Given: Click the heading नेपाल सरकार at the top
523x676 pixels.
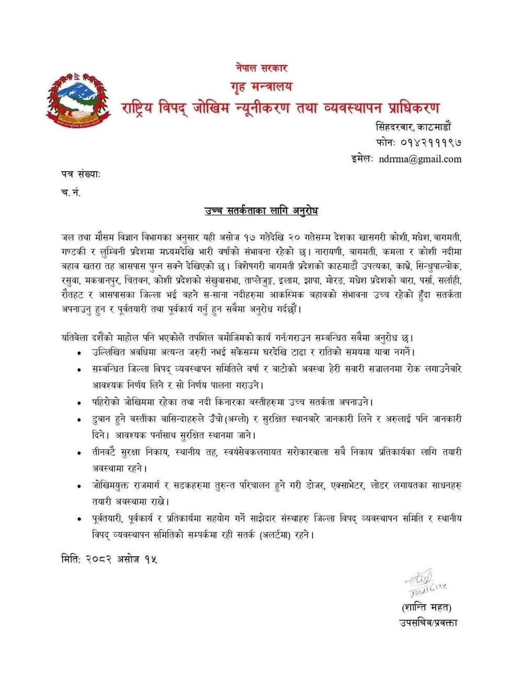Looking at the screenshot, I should [261, 67].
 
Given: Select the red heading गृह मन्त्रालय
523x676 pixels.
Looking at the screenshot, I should [261, 86].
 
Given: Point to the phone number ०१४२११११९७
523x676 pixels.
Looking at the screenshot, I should [430, 142].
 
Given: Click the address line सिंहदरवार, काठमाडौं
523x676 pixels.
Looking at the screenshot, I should [418, 126].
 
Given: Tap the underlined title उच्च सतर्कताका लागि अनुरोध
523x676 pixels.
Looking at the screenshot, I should [261, 211].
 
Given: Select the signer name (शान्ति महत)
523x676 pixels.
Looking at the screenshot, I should [427, 607].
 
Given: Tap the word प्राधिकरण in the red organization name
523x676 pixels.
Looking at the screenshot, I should [409, 108].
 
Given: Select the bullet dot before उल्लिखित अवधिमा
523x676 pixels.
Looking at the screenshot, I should [79, 353].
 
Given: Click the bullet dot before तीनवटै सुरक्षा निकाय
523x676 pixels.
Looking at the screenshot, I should [79, 453].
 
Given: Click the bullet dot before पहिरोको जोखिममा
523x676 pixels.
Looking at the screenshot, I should [79, 403].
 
